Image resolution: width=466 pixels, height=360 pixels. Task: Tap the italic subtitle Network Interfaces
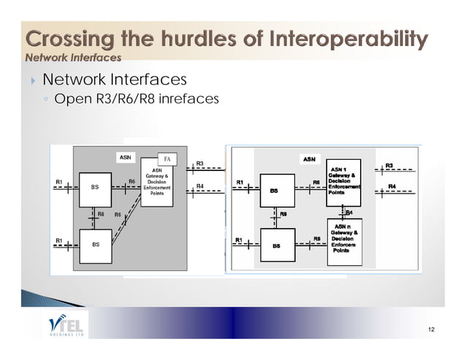(73, 57)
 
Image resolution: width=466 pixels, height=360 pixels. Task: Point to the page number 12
(431, 330)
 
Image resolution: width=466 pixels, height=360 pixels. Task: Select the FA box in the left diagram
(168, 158)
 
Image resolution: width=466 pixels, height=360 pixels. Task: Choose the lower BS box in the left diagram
(95, 245)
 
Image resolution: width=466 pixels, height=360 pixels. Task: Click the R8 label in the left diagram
(102, 215)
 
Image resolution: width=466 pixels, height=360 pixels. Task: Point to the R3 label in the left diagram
(200, 164)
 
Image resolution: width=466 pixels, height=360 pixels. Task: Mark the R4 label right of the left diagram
(200, 187)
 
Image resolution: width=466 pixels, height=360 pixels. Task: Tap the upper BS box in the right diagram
(274, 191)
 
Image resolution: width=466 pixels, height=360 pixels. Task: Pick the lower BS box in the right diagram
(276, 246)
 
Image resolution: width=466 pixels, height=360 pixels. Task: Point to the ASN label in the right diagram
(309, 157)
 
